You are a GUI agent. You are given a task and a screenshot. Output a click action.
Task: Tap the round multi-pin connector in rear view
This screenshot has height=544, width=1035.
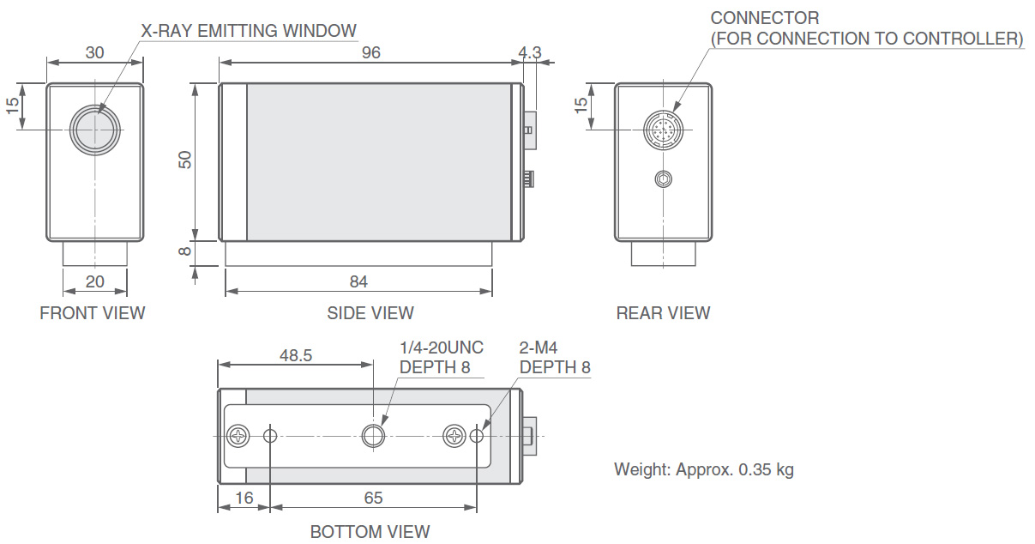[663, 130]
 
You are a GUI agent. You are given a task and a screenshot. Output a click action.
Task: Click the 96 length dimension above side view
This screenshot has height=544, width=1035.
[370, 52]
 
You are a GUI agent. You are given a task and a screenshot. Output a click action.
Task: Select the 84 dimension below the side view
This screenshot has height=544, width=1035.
[358, 281]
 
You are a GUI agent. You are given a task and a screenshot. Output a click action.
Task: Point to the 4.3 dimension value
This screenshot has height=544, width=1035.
[530, 52]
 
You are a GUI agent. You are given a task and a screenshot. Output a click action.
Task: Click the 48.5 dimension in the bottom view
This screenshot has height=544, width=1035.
[296, 355]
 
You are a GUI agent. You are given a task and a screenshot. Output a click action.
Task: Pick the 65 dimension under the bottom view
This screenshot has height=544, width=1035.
[373, 498]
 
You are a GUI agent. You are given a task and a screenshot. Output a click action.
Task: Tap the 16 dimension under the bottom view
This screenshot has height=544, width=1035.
[244, 498]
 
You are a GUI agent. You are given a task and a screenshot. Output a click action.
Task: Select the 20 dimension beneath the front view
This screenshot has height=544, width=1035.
[94, 281]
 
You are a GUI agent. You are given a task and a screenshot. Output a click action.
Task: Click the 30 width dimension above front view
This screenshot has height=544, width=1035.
[94, 52]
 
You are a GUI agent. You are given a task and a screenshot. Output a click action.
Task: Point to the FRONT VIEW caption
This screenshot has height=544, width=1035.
[93, 313]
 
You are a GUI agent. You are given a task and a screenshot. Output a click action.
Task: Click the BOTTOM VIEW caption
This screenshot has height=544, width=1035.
[370, 532]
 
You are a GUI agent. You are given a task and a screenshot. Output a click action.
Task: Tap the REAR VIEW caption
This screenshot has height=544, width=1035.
[663, 313]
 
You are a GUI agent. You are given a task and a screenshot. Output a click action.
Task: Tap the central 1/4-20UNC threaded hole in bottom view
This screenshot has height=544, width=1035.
[373, 436]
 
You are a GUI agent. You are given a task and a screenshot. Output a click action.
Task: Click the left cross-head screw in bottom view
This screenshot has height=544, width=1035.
[238, 436]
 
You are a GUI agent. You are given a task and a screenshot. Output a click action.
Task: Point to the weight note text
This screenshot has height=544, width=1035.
[703, 469]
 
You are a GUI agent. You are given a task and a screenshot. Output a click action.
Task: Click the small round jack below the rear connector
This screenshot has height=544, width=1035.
[663, 179]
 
